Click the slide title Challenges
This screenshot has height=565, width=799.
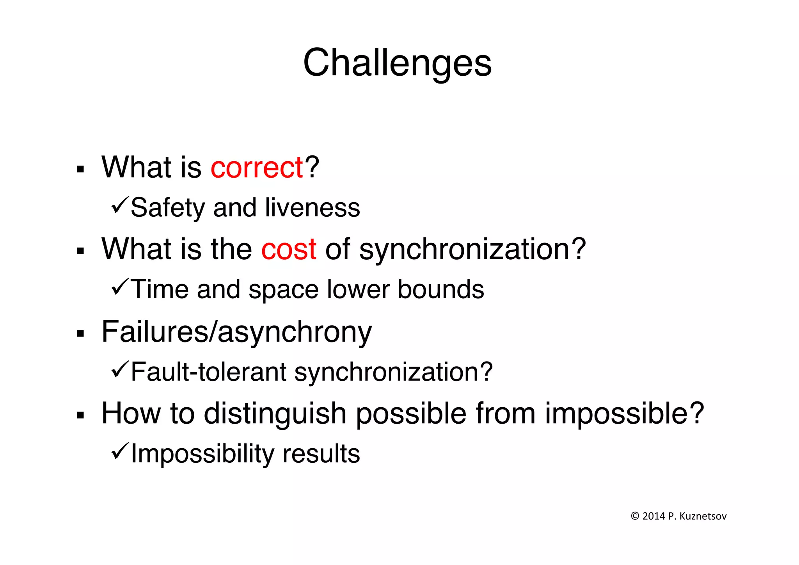coord(397,63)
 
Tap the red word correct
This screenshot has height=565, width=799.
coord(257,168)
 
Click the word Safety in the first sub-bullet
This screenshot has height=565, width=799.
coord(168,208)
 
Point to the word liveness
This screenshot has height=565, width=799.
coord(312,208)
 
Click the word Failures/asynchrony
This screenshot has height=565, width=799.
coord(236,332)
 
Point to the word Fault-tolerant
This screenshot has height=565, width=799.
coord(209,372)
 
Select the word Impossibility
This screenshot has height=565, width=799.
coord(202,454)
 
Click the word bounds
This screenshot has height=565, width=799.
coord(441,290)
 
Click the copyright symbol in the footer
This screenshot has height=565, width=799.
coord(635,516)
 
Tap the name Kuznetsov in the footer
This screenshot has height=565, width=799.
coord(703,516)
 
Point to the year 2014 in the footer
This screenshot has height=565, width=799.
coord(653,516)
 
